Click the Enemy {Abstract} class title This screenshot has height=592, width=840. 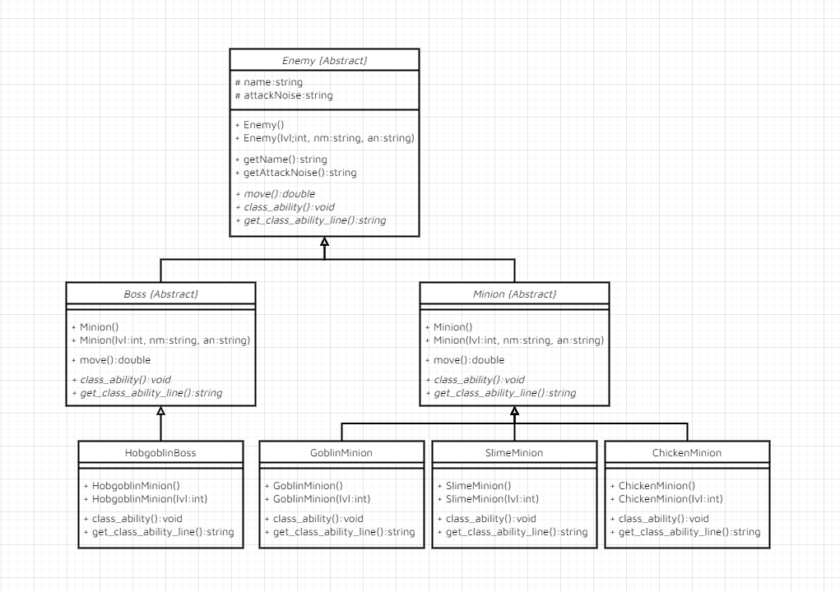[x=324, y=61]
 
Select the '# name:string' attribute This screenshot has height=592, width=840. [x=269, y=82]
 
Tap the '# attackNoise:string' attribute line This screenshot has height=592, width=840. [x=284, y=95]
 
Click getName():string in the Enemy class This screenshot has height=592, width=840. [x=281, y=160]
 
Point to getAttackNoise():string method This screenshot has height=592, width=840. [x=295, y=173]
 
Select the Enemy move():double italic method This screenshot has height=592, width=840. [x=275, y=194]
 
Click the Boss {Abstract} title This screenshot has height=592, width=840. [x=160, y=294]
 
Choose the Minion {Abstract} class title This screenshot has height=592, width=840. [x=514, y=294]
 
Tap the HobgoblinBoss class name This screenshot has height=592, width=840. [x=160, y=452]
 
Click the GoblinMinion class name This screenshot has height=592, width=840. [x=341, y=452]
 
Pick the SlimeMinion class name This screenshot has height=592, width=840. [x=514, y=452]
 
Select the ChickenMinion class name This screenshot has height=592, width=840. [x=687, y=452]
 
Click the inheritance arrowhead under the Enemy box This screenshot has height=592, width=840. [x=324, y=243]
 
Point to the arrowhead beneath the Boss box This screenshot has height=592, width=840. [x=160, y=411]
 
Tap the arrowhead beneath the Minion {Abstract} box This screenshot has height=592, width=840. [x=514, y=411]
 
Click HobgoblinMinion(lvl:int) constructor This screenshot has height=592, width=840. [x=144, y=499]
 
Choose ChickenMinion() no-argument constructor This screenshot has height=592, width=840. [x=652, y=486]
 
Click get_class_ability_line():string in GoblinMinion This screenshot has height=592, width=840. [x=339, y=532]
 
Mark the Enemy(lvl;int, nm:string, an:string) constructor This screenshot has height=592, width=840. [x=324, y=138]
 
